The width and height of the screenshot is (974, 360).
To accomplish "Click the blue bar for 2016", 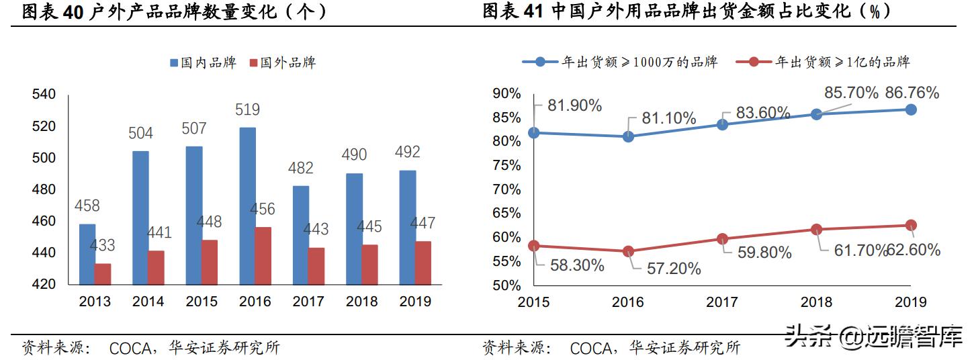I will pos(247,206).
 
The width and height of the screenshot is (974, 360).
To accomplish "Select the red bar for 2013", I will pos(103,274).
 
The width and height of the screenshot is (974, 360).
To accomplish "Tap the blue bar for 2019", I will pos(407,227).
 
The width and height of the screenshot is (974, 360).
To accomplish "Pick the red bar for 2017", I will pos(316,266).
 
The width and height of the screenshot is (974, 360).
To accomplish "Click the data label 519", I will pos(247,109).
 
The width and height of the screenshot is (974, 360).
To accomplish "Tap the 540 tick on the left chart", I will pos(44,95).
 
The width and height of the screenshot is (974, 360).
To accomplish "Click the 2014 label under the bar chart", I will pos(148,302).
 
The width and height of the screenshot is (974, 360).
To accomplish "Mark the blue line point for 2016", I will pos(628,136).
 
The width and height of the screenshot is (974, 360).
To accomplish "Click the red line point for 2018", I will pos(816,229).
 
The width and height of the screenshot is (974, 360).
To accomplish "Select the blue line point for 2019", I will pos(911,109).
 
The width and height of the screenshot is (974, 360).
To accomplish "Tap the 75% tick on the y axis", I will pos(506,165).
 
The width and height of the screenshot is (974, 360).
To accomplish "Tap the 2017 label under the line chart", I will pos(722,302).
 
